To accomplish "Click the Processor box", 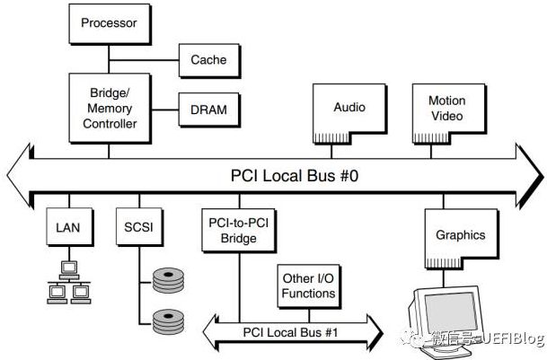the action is [110, 23].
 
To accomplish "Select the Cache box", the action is [209, 60].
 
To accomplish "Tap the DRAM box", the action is [209, 110].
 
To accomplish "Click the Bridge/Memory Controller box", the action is [110, 108].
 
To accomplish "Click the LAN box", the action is [69, 227].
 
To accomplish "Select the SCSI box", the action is [139, 227].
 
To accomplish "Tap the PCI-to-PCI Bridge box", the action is [239, 231].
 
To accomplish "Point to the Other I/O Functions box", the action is [309, 286].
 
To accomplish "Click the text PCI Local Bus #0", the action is [295, 175].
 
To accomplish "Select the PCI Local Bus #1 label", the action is [291, 332].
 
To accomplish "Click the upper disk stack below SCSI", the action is [168, 280].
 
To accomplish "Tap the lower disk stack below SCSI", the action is [168, 321].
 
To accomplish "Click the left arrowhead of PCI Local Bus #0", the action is [19, 175].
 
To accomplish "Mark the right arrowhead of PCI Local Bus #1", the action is [375, 332].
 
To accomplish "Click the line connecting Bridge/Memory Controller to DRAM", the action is [164, 110].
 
